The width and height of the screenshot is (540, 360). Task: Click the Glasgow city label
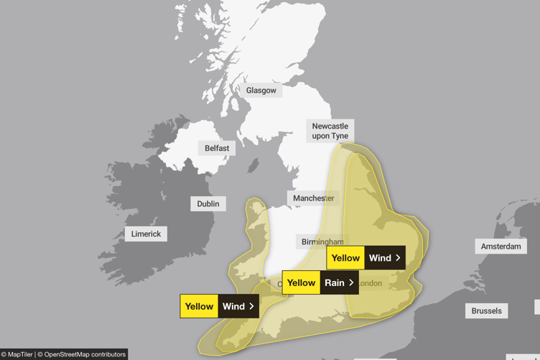[x=261, y=91]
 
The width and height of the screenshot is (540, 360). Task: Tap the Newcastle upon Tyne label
[x=330, y=131]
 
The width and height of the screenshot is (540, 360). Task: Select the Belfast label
[x=217, y=148]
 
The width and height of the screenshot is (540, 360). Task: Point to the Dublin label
[x=208, y=203]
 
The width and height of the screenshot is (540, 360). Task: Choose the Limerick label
[x=146, y=234]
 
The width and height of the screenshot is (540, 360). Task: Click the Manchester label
[x=313, y=198]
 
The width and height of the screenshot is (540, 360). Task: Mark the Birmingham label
[x=322, y=241]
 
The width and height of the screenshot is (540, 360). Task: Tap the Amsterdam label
[x=501, y=246]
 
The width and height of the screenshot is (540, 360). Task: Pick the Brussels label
[x=487, y=311]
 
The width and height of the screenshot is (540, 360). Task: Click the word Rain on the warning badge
[x=335, y=283]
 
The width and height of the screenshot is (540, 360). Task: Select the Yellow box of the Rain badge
[x=302, y=283]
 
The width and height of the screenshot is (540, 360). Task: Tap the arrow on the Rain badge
[x=351, y=283]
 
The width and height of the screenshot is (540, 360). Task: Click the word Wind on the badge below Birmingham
[x=380, y=258]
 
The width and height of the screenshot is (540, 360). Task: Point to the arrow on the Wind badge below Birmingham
[x=398, y=258]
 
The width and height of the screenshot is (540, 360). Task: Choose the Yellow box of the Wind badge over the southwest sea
[x=199, y=306]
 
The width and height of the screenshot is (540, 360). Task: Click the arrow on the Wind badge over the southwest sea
[x=251, y=306]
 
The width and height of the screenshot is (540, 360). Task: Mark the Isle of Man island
[x=253, y=165]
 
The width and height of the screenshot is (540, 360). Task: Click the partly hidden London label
[x=371, y=284]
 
